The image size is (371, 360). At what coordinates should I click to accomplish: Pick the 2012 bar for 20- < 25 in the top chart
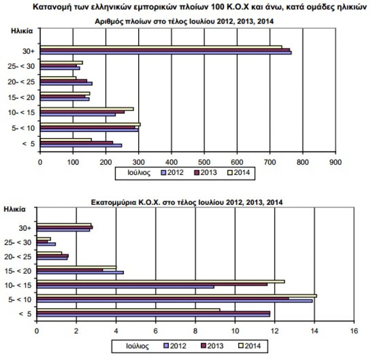tap(66, 84)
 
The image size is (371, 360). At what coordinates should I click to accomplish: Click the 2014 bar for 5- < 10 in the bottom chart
tap(176, 295)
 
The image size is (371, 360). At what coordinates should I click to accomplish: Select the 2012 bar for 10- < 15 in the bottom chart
tap(125, 287)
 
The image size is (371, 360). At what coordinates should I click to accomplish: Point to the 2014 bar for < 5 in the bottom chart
tap(128, 309)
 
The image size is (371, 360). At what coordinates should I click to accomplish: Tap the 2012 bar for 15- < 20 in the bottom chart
tap(80, 272)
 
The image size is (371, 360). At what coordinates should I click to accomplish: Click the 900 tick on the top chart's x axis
tap(335, 162)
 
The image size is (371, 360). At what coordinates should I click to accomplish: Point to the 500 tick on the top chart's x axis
tap(205, 162)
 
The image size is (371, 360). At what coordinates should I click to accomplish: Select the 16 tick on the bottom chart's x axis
tap(355, 331)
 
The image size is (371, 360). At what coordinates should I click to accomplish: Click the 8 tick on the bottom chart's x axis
tap(195, 331)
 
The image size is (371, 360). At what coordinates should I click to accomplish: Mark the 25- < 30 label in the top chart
tap(21, 66)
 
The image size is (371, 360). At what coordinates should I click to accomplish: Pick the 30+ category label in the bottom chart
tap(25, 227)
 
